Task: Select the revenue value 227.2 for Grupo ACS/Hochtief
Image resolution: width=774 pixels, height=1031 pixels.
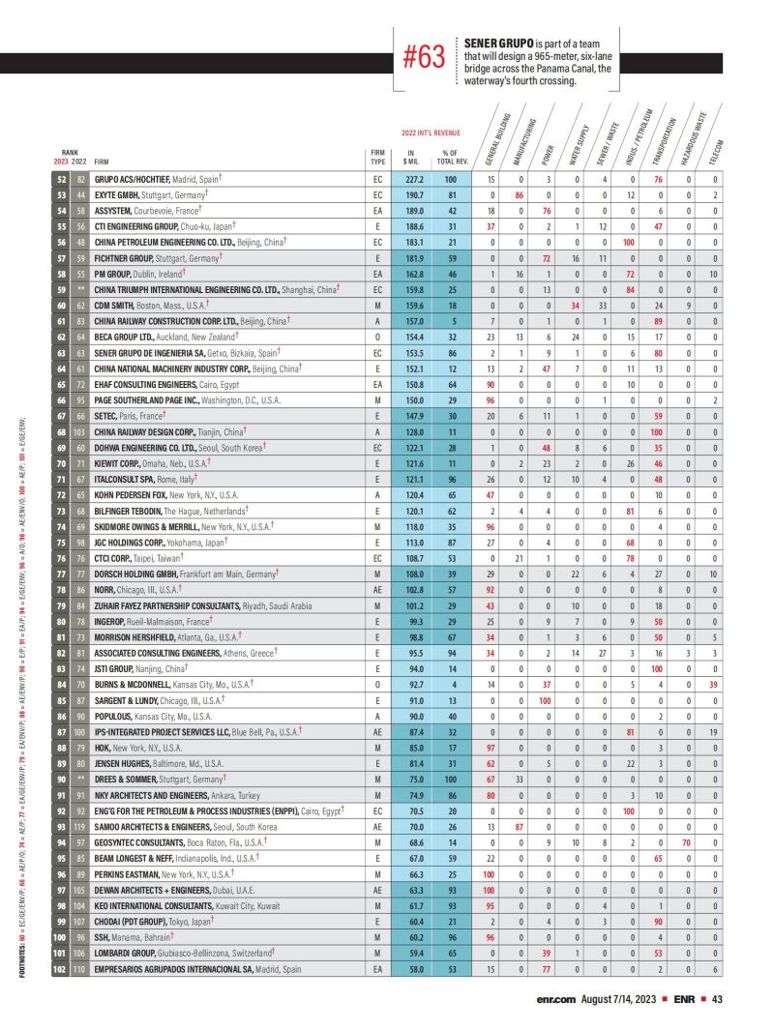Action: coord(415,180)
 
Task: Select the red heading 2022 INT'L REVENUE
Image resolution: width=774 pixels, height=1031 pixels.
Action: coord(431,133)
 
